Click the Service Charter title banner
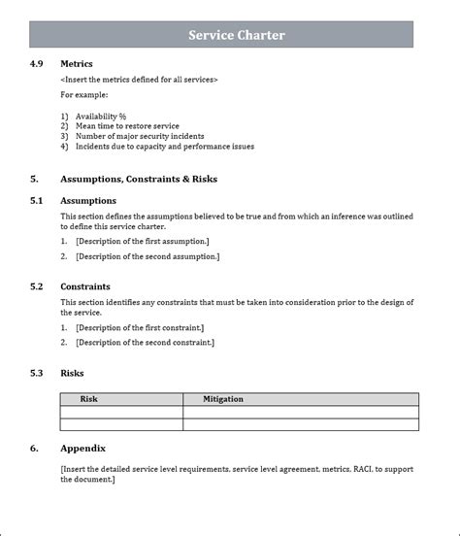coord(236,36)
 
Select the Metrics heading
coord(77,64)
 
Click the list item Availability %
coord(101,117)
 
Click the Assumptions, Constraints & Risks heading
coord(138,180)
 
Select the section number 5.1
coord(36,200)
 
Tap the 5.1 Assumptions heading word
coord(88,200)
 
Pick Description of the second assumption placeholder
coord(147,256)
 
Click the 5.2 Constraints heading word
coord(85,287)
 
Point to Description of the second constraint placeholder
coord(145,342)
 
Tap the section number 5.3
coord(36,373)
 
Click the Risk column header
coord(88,399)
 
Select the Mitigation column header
coord(223,399)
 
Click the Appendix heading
coord(82,449)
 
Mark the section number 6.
coord(34,449)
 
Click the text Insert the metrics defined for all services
coord(139,80)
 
